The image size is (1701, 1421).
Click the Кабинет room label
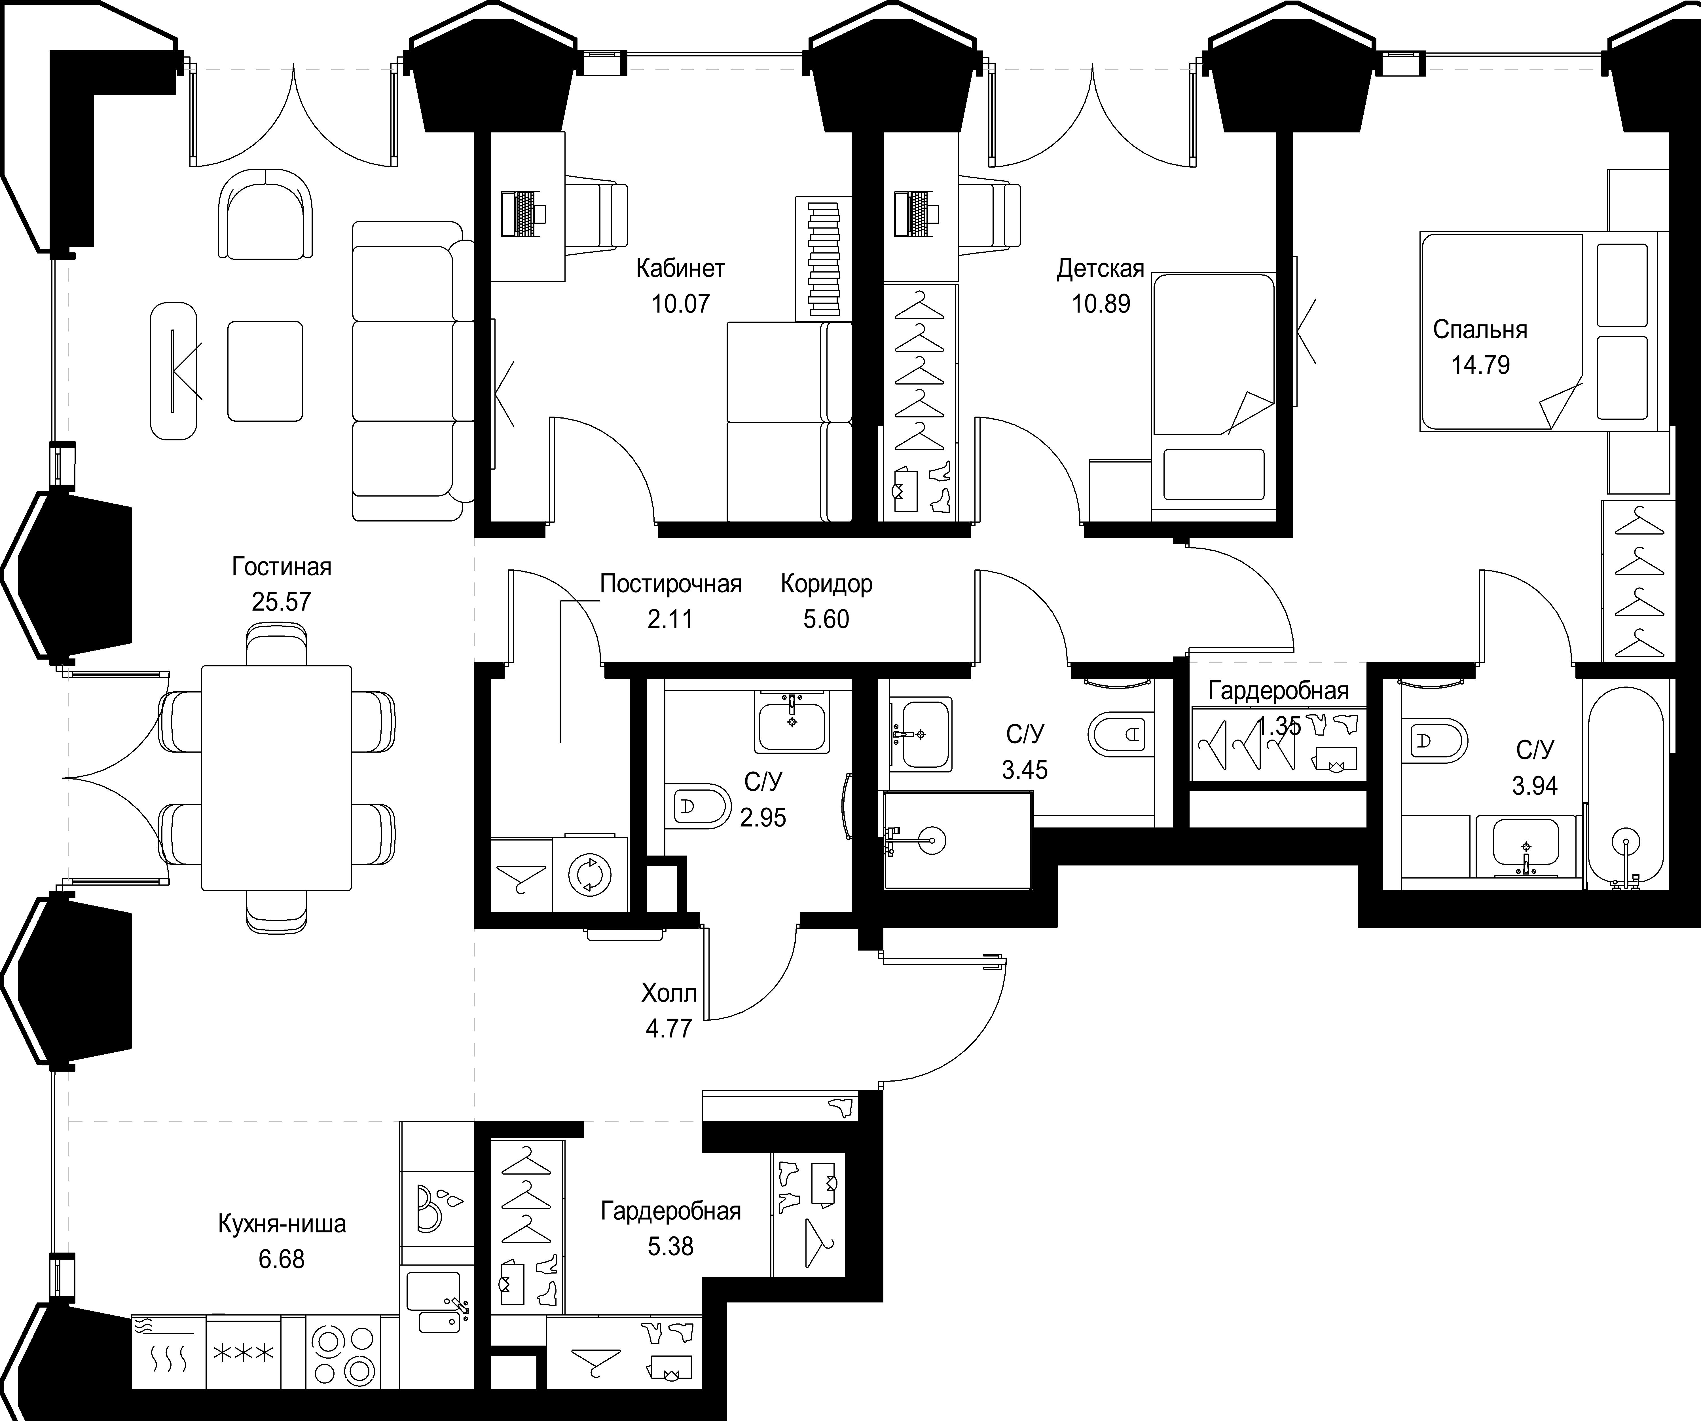680,268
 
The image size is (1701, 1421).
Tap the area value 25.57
281,602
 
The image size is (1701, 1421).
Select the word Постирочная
671,584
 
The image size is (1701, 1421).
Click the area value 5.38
671,1246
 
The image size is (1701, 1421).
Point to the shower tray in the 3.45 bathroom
957,840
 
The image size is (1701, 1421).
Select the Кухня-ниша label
282,1223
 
